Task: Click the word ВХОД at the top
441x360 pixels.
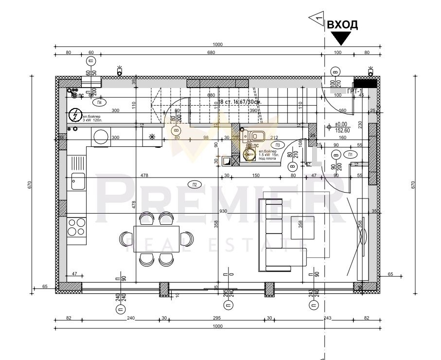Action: point(342,25)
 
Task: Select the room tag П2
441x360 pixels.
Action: point(195,184)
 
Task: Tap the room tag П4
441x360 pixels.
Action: point(99,102)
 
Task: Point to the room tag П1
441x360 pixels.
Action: point(351,154)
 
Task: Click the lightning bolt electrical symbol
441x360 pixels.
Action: point(75,115)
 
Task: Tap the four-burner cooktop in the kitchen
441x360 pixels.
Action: point(76,227)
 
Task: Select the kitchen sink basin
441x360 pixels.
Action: point(77,181)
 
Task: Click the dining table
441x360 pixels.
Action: point(156,238)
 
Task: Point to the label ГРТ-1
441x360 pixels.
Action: point(355,91)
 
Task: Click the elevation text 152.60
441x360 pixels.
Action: point(343,130)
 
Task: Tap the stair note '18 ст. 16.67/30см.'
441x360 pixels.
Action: point(240,102)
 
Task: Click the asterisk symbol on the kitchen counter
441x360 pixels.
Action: point(152,137)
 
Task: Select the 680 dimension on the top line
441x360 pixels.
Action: point(211,53)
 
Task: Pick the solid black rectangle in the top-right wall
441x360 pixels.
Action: point(365,83)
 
